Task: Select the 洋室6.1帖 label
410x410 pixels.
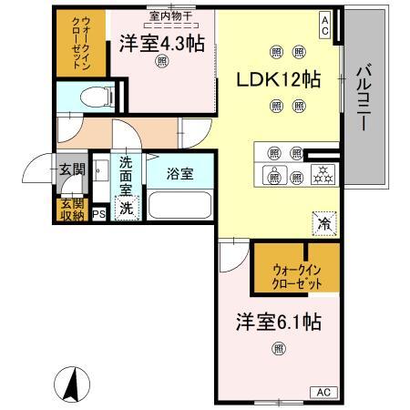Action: [278, 323]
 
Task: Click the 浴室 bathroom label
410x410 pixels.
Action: [179, 173]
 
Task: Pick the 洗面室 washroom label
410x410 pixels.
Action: [127, 179]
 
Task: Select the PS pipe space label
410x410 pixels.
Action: [98, 215]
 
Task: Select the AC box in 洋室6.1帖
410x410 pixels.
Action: [323, 391]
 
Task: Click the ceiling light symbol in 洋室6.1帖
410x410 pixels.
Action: [278, 346]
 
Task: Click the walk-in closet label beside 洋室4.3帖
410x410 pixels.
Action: [75, 41]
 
